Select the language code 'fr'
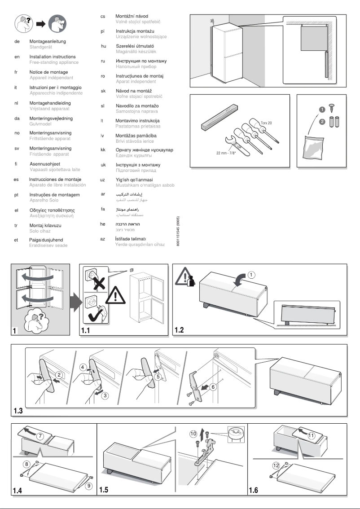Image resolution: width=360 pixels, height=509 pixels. (x=16, y=72)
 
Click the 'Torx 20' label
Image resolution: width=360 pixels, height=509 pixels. (x=267, y=123)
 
